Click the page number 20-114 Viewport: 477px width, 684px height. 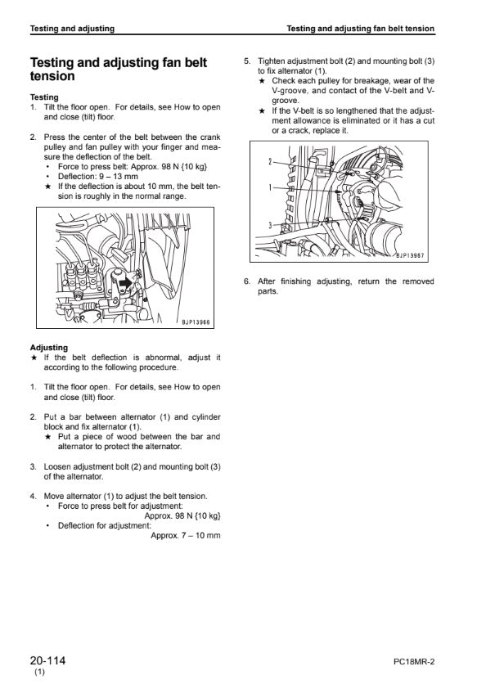[48, 660]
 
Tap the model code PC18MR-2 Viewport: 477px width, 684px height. [414, 662]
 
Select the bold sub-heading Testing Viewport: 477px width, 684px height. [44, 97]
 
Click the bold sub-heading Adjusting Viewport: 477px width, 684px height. [49, 348]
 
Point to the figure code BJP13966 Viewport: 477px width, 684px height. [196, 322]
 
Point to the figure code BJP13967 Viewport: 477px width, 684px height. [410, 256]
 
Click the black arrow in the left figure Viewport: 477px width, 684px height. [125, 282]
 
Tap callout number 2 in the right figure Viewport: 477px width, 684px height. [270, 162]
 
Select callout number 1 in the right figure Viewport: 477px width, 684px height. [270, 187]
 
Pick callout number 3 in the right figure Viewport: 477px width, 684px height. [270, 225]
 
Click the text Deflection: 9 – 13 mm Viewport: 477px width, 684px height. [97, 177]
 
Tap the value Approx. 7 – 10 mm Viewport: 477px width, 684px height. [186, 535]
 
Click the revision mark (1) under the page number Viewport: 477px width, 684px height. [39, 673]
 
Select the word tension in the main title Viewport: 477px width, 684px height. [52, 76]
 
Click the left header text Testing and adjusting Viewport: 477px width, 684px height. [72, 29]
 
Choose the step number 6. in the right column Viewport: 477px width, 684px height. [247, 281]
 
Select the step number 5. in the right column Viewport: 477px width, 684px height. [247, 61]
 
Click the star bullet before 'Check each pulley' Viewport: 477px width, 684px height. [262, 81]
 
